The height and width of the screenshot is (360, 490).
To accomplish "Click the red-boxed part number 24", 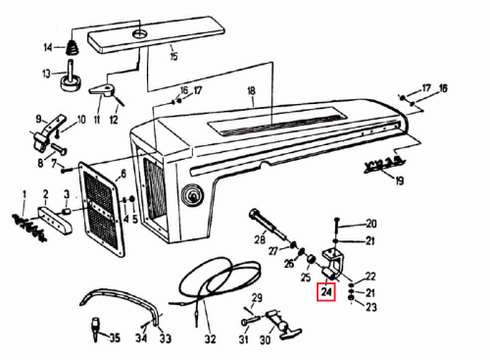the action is (326, 291).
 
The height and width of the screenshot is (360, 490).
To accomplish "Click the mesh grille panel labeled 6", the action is (102, 208).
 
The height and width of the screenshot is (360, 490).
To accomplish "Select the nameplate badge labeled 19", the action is (384, 165).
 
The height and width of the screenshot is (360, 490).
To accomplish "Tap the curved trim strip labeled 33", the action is (124, 302).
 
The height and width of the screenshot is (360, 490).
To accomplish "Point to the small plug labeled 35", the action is (95, 329).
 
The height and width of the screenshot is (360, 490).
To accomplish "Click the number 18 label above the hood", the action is (251, 90).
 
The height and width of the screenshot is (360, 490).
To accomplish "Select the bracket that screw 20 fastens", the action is (334, 264).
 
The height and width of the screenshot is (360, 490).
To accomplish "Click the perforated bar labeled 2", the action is (56, 220).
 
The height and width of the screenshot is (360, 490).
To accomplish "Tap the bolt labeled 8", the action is (59, 149).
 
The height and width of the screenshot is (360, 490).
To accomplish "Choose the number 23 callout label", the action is (370, 307).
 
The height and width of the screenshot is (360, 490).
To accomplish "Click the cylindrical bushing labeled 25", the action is (311, 261).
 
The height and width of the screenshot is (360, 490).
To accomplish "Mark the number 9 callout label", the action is (38, 118).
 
